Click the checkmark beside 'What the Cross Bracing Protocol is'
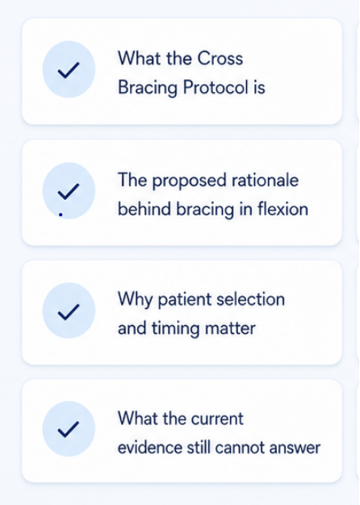click(69, 70)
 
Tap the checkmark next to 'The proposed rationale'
click(69, 191)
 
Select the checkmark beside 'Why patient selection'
click(69, 311)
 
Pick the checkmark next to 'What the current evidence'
click(69, 429)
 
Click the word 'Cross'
click(220, 59)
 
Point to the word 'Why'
click(135, 300)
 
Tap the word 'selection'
click(251, 299)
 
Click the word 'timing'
click(175, 329)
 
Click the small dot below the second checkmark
click(61, 215)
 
